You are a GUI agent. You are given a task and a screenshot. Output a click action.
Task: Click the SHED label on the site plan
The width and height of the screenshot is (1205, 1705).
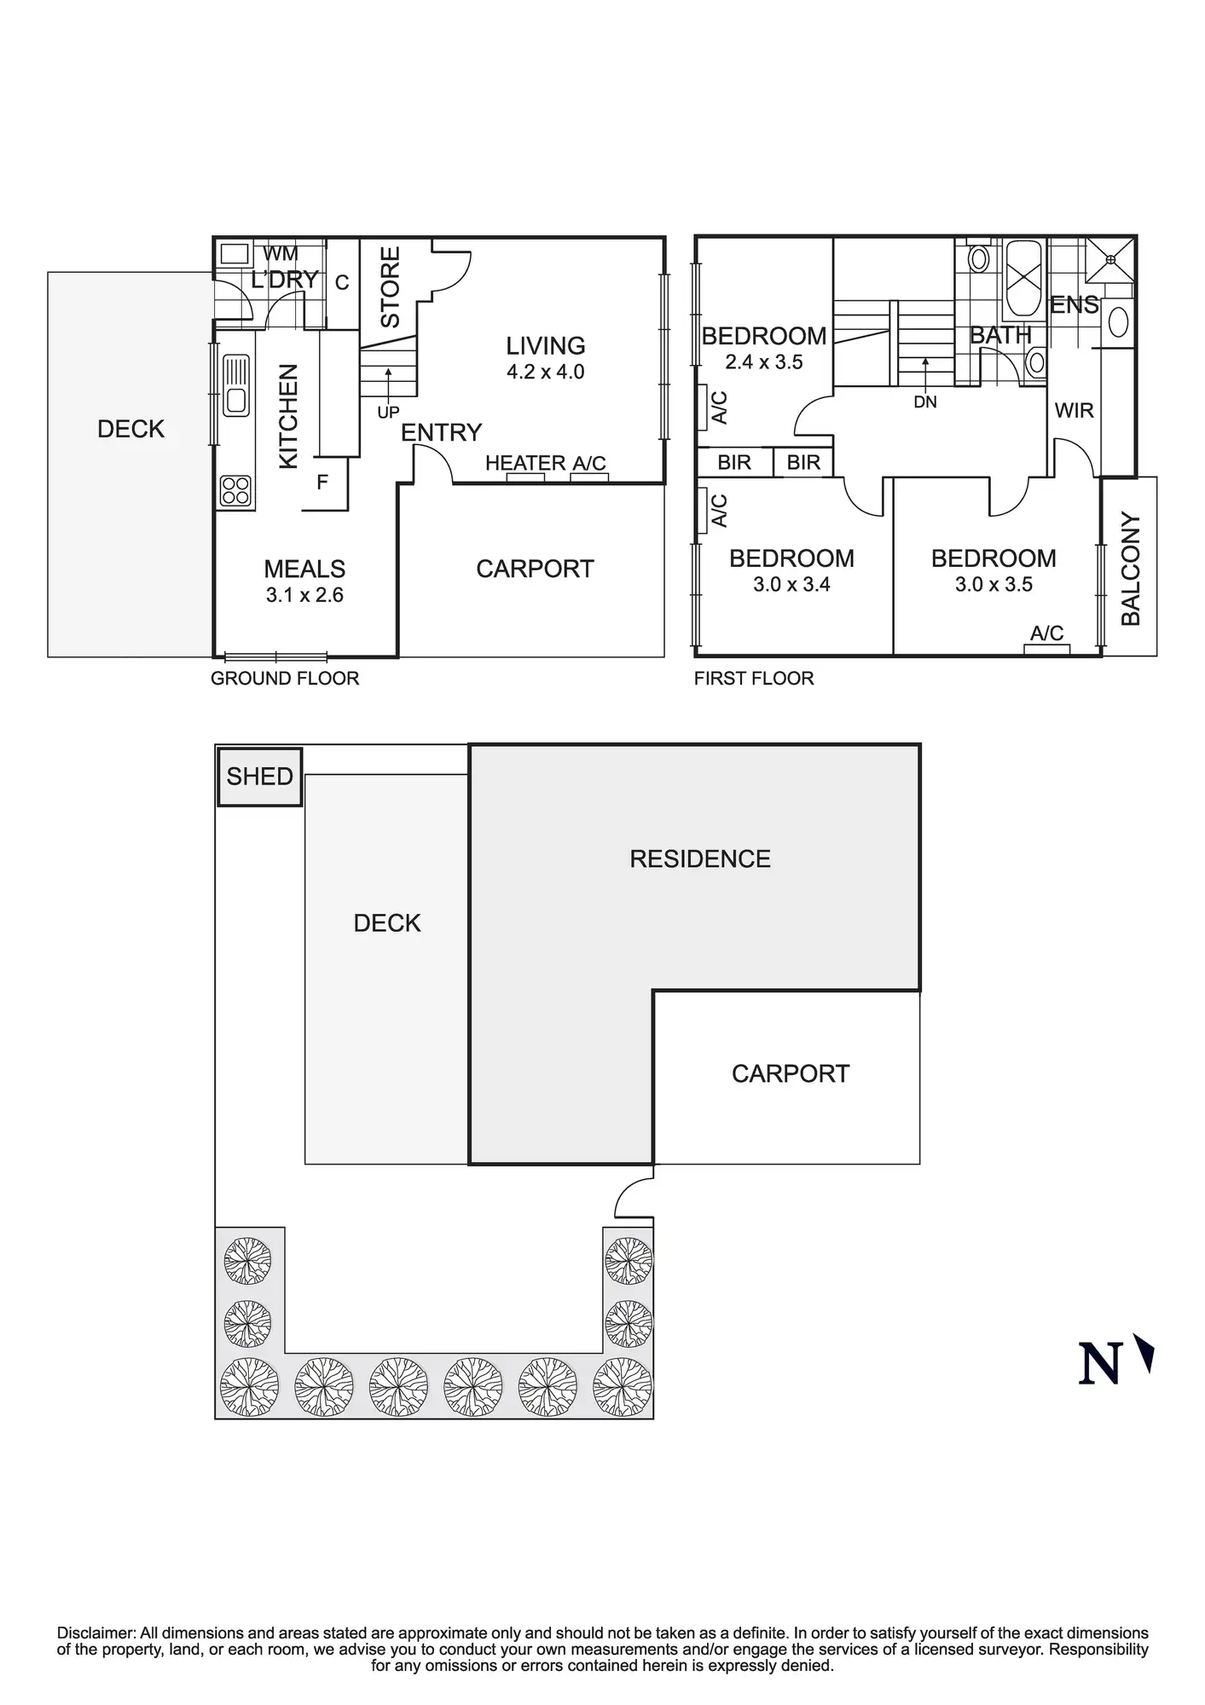point(259,777)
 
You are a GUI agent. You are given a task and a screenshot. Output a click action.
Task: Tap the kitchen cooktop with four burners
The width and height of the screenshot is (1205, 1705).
point(235,491)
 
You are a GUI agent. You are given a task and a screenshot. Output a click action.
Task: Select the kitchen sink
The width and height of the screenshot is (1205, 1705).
point(235,385)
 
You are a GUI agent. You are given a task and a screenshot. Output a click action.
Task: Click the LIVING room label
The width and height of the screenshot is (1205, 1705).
point(546,346)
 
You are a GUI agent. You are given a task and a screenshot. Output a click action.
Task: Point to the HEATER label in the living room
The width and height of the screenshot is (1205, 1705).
point(525,463)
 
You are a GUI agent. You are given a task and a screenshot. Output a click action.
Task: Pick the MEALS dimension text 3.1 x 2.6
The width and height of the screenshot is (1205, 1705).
point(304,595)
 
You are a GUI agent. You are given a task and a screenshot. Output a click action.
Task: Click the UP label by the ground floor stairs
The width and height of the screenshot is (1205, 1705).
point(388,413)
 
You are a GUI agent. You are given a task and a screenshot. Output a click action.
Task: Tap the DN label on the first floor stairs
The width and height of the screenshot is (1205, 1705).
point(925,402)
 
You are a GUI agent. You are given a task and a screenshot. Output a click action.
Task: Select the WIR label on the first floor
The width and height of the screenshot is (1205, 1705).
point(1074,411)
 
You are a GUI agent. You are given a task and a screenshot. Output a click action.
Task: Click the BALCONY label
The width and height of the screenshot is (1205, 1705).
point(1130,569)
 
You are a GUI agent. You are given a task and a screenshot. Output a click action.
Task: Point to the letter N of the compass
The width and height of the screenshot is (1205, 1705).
point(1098,1363)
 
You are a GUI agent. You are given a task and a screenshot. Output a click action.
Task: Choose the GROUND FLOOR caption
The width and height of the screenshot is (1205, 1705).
point(285,679)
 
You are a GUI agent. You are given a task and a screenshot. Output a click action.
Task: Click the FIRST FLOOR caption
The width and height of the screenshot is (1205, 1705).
point(754,679)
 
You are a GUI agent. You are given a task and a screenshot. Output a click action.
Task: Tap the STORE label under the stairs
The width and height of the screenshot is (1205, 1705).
point(390,287)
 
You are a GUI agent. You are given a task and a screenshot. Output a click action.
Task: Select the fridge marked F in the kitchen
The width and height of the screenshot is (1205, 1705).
point(322,483)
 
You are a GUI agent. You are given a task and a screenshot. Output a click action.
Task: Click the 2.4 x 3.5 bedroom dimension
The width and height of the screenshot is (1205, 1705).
point(764,362)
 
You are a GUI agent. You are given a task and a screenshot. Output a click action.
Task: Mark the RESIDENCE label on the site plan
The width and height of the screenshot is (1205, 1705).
point(700,859)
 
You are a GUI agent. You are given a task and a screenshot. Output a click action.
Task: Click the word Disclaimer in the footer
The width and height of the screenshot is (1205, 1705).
point(96,1633)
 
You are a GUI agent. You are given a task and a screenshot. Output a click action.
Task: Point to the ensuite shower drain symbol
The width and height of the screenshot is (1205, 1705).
point(1110,259)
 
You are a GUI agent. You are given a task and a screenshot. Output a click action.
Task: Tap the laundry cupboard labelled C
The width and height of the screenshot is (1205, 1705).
point(342,283)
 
